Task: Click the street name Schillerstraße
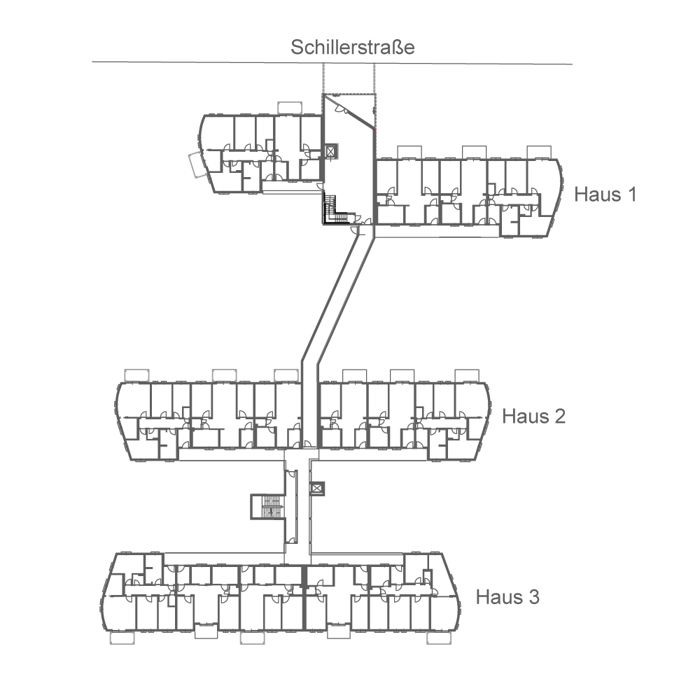pyautogui.click(x=353, y=48)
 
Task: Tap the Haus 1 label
pyautogui.click(x=605, y=194)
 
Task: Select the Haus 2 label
pyautogui.click(x=533, y=416)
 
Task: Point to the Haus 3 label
pyautogui.click(x=507, y=597)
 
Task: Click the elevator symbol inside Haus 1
pyautogui.click(x=331, y=152)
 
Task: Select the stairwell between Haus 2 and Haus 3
pyautogui.click(x=267, y=506)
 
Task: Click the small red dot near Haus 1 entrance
pyautogui.click(x=374, y=129)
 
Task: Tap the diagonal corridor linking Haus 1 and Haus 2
pyautogui.click(x=337, y=301)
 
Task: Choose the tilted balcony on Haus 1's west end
pyautogui.click(x=196, y=165)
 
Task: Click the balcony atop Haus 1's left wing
pyautogui.click(x=289, y=107)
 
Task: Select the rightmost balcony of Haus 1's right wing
pyautogui.click(x=540, y=153)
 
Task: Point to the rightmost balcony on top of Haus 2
pyautogui.click(x=467, y=376)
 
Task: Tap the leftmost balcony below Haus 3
pyautogui.click(x=122, y=638)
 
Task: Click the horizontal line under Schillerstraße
pyautogui.click(x=210, y=62)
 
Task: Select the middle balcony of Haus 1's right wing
pyautogui.click(x=474, y=153)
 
